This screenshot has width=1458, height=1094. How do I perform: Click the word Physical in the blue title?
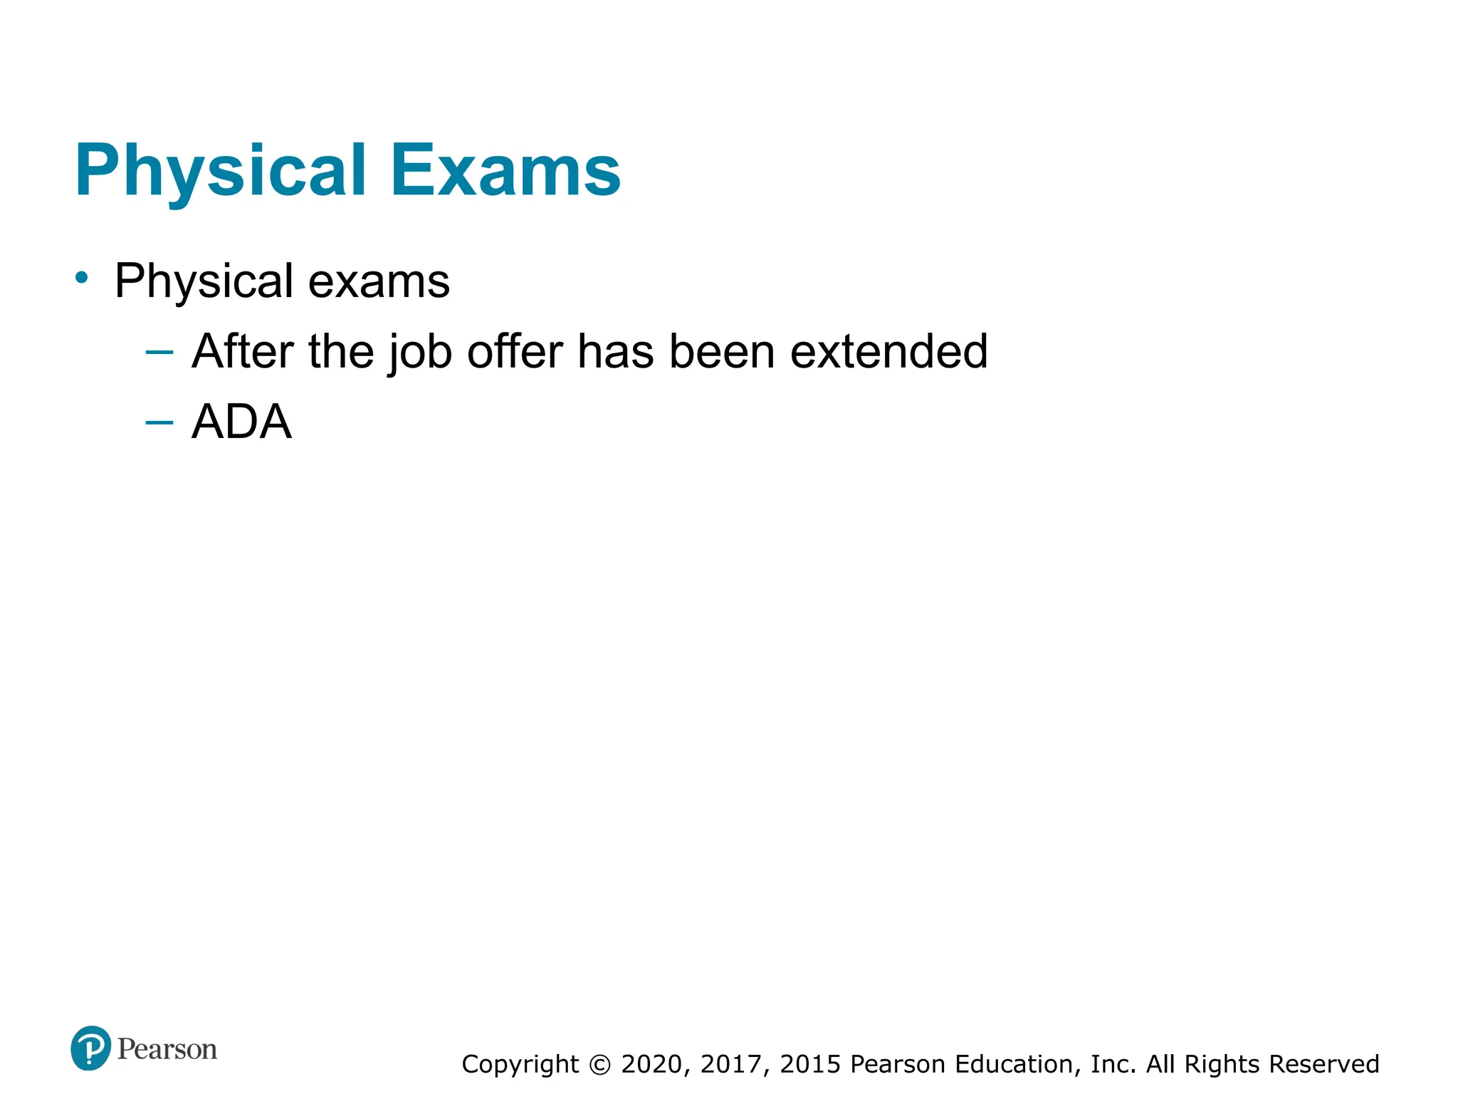click(x=221, y=171)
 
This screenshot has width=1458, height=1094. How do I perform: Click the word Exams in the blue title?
click(x=505, y=171)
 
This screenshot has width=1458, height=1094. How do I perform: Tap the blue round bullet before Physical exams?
click(x=82, y=278)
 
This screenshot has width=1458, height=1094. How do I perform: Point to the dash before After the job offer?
click(x=159, y=352)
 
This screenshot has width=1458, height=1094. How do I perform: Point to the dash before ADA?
click(x=159, y=422)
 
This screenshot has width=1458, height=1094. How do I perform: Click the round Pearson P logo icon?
click(x=90, y=1048)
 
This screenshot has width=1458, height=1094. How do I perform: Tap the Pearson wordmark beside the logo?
click(x=167, y=1049)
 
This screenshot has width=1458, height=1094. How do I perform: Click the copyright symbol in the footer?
click(x=600, y=1065)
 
